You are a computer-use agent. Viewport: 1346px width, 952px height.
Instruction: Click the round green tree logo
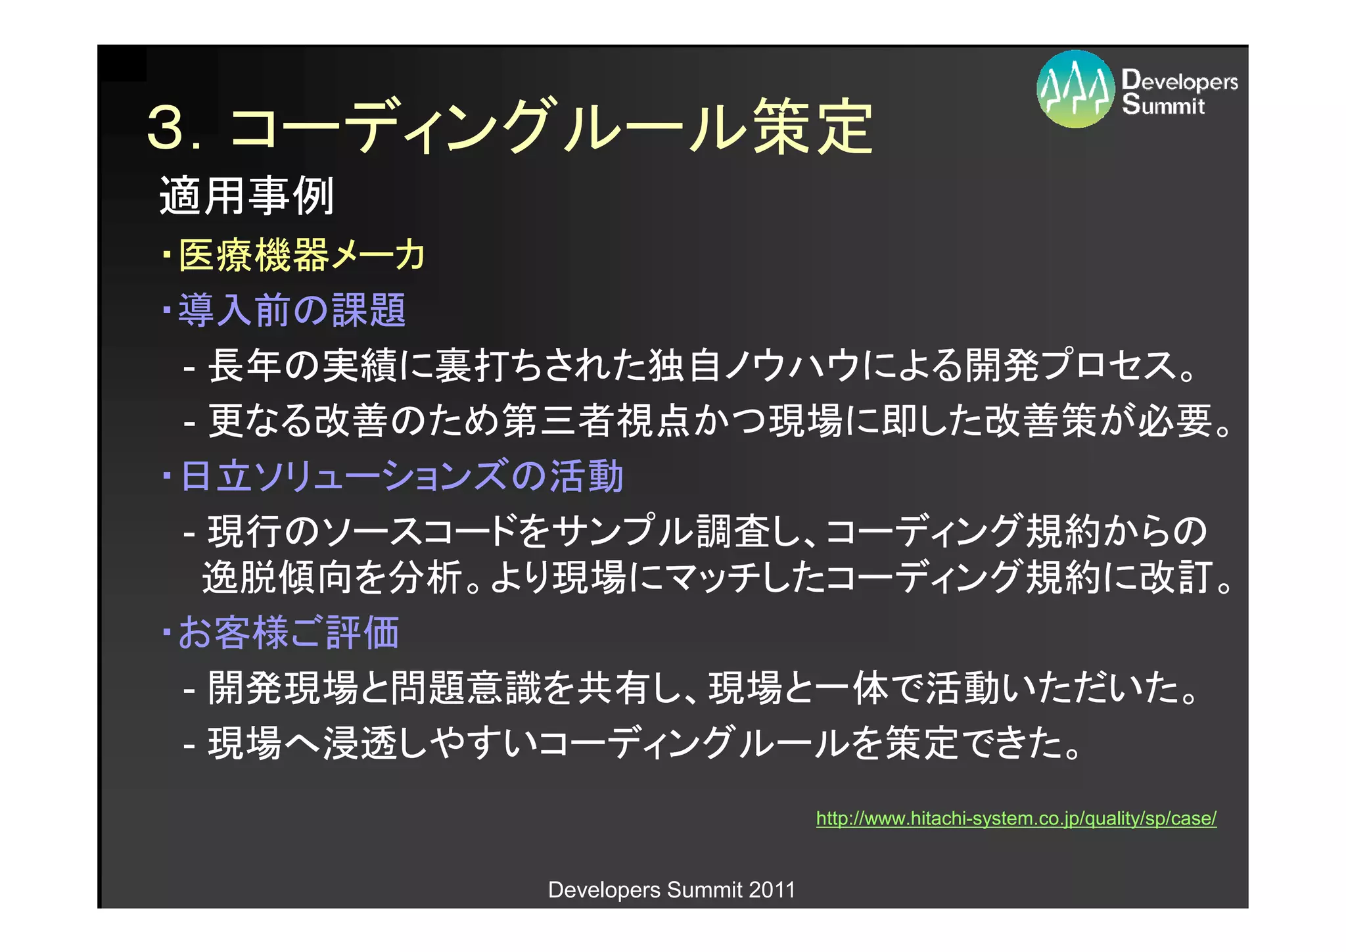1075,89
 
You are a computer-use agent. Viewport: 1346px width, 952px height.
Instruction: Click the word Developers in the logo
1180,81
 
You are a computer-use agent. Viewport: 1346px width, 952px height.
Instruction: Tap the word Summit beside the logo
1163,105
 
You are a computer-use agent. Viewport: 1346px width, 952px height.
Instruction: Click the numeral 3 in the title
166,127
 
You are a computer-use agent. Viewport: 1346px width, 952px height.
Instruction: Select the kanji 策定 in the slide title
813,127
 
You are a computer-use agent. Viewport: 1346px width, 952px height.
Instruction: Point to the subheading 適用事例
247,196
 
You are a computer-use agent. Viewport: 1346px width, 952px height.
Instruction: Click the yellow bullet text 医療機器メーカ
302,254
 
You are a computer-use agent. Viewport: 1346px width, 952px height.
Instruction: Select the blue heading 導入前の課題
292,310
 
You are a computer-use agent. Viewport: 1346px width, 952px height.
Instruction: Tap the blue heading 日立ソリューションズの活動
402,476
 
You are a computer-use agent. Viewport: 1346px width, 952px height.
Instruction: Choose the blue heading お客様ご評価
289,632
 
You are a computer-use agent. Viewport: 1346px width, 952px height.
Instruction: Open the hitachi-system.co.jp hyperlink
1016,819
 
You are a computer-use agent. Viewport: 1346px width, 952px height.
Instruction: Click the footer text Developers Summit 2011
672,890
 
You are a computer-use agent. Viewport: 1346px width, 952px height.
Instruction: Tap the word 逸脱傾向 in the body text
276,578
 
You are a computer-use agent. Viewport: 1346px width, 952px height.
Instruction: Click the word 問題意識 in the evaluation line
466,688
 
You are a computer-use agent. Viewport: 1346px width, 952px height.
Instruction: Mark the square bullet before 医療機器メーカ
167,252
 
